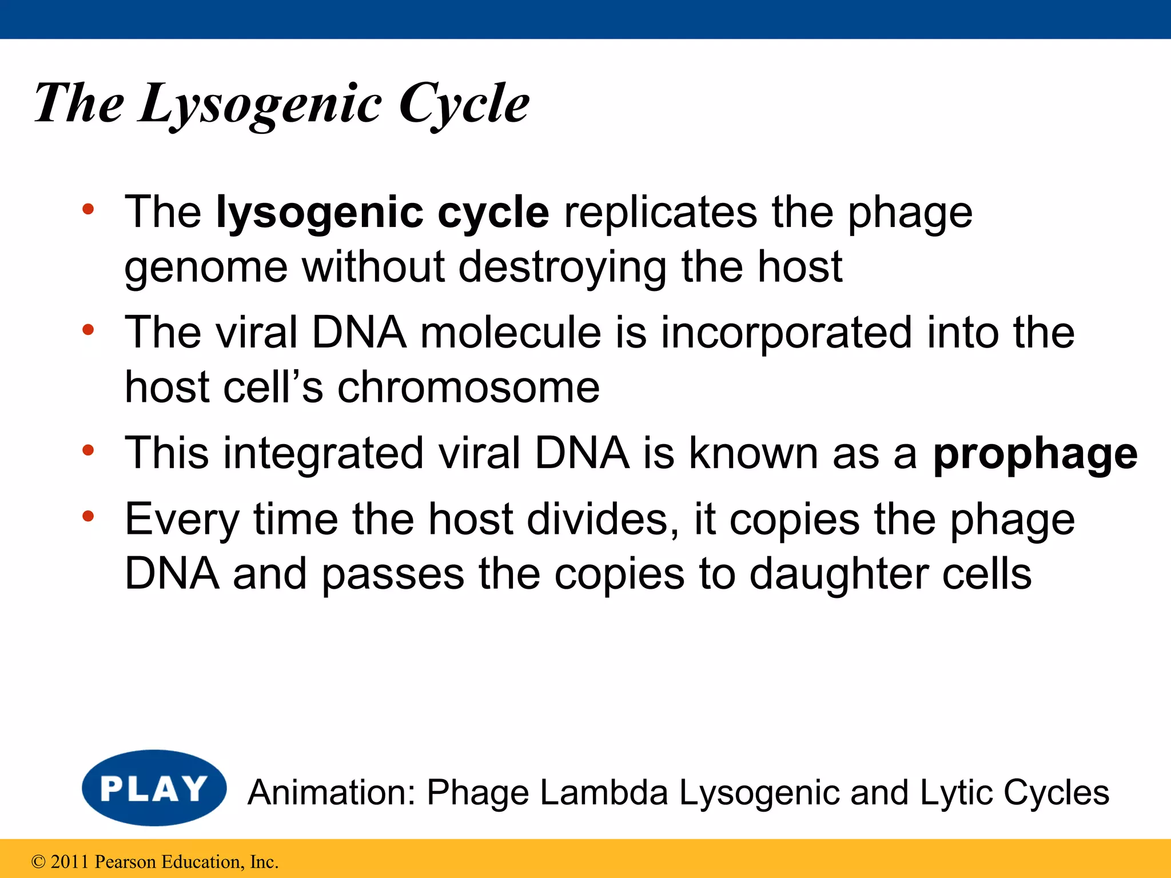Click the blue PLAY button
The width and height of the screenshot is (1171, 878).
(x=154, y=788)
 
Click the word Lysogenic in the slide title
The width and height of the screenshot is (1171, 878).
(x=260, y=104)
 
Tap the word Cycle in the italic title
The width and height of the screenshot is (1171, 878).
(x=464, y=104)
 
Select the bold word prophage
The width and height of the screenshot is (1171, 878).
(x=1035, y=454)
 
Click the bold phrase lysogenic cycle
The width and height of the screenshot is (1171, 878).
(x=383, y=213)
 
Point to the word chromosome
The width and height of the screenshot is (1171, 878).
(x=468, y=388)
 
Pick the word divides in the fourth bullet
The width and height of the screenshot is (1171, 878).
(x=603, y=520)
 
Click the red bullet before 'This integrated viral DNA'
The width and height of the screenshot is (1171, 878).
(x=87, y=451)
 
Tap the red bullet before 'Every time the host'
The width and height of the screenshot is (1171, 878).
(x=87, y=517)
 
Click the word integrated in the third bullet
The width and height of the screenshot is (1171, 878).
(x=323, y=454)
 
